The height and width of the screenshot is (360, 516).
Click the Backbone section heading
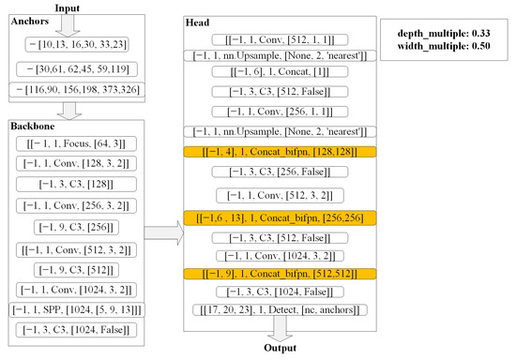click(36, 125)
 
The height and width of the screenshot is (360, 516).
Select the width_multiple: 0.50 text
click(447, 48)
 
